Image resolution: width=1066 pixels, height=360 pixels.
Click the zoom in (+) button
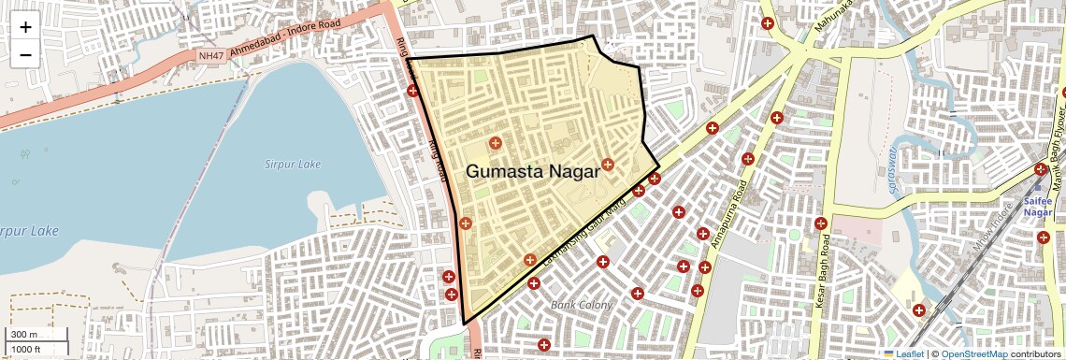[25, 26]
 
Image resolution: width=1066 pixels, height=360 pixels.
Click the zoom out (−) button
[25, 54]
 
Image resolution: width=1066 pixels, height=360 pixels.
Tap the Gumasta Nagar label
[532, 171]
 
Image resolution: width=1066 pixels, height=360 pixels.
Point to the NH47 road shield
[211, 57]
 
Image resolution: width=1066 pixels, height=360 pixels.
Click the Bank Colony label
[582, 305]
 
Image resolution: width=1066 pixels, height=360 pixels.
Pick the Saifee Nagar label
[1038, 208]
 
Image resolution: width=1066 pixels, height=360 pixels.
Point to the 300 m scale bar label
[23, 335]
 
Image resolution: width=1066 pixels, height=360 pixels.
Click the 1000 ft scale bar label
[25, 349]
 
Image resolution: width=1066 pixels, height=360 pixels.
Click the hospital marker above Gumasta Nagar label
[495, 143]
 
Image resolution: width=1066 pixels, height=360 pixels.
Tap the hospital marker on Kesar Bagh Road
[820, 223]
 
